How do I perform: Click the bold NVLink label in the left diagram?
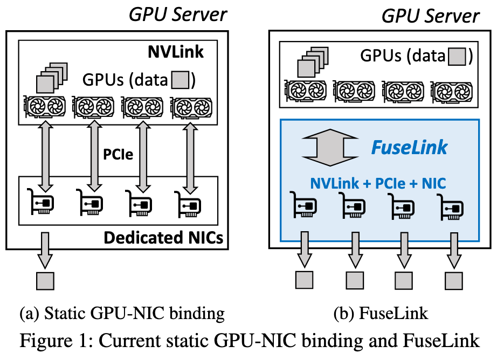tap(176, 52)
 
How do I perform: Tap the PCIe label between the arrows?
tap(118, 154)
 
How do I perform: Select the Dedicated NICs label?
tap(163, 238)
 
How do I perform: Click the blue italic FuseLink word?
tap(409, 147)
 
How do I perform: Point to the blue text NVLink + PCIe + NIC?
tap(378, 183)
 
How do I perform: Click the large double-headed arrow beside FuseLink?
tap(330, 147)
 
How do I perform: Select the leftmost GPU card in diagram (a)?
tap(45, 107)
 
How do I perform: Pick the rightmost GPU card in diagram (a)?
tap(191, 107)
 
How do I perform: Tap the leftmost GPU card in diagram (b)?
tap(306, 91)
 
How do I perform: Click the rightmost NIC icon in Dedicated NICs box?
tap(188, 204)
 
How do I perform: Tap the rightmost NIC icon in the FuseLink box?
tap(450, 207)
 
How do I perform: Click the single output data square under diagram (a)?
tap(45, 281)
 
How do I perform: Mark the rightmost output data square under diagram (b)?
tap(453, 280)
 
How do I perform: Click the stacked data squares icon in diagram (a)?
tap(52, 78)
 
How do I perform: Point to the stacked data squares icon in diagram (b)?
tap(313, 62)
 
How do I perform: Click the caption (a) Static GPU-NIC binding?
tap(122, 314)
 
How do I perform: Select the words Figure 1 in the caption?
tap(53, 341)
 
